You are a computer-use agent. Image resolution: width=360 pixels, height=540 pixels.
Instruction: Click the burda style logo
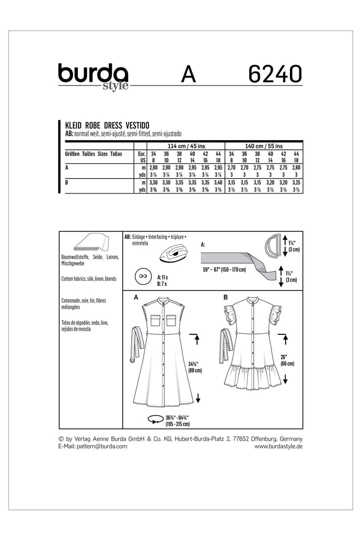(x=93, y=77)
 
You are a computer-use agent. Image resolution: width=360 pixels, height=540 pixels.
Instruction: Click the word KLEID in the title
(x=74, y=127)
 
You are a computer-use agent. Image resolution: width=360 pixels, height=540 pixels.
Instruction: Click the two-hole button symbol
(x=141, y=276)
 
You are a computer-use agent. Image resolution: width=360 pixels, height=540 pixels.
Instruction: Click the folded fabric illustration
(x=91, y=243)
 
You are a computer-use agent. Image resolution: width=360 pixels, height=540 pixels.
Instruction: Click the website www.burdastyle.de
(x=278, y=446)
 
